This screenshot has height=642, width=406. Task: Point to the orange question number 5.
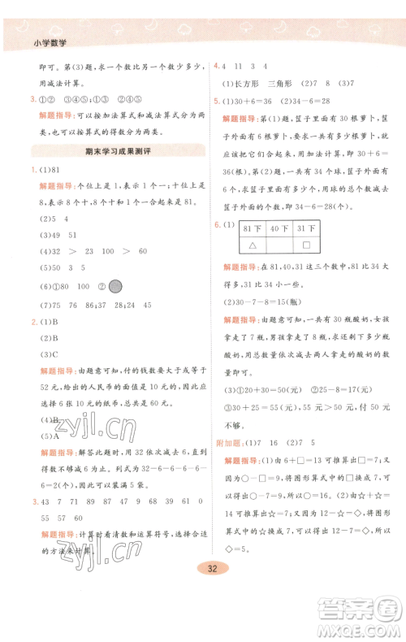216,101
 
